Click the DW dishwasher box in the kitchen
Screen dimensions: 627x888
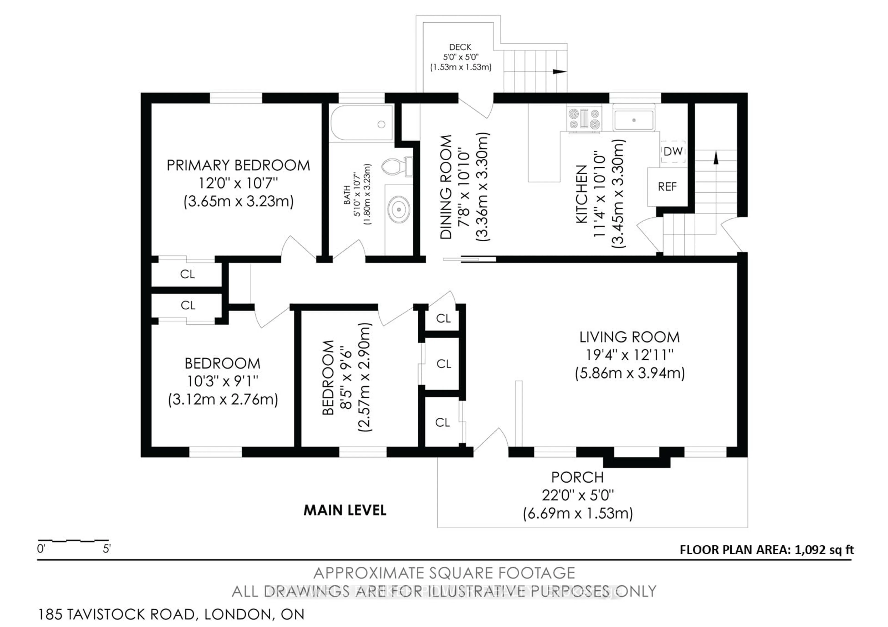(x=673, y=152)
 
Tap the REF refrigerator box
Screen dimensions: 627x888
(x=667, y=187)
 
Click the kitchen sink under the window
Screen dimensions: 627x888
(x=634, y=120)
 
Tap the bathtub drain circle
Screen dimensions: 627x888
(x=381, y=125)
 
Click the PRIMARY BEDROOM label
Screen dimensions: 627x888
(x=238, y=165)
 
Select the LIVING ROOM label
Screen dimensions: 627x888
(x=629, y=337)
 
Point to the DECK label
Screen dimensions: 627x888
(x=460, y=47)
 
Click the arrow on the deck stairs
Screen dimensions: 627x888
(x=559, y=71)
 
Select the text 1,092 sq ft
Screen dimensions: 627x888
(x=824, y=550)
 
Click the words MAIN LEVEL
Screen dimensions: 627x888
(x=345, y=510)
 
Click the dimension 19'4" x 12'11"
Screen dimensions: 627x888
(x=629, y=355)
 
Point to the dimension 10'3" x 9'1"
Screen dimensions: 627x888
(x=222, y=382)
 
